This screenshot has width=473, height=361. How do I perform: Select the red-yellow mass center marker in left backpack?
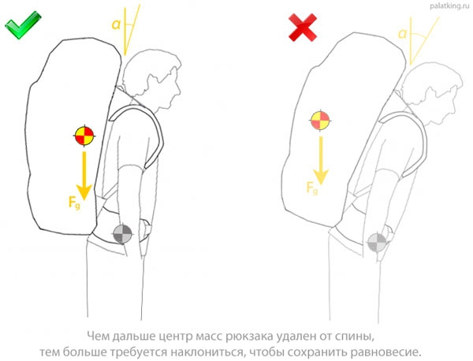(x=83, y=135)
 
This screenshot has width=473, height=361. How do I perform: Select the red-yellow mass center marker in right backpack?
(x=319, y=121)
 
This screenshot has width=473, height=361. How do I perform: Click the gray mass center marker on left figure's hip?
(x=124, y=234)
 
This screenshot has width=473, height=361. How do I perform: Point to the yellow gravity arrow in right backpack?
(x=319, y=158)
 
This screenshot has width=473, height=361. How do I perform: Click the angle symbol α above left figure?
(x=117, y=24)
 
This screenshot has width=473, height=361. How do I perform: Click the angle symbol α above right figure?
(x=403, y=33)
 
